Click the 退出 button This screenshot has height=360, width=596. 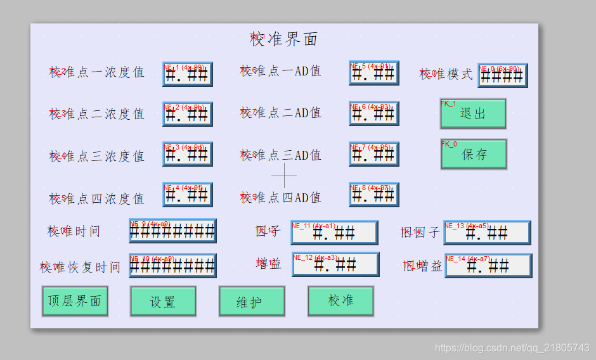(x=473, y=113)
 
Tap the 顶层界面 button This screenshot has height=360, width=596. (x=75, y=301)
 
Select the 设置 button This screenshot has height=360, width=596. (x=163, y=302)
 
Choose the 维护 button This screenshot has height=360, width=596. (x=252, y=302)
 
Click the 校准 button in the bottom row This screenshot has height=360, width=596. (x=340, y=301)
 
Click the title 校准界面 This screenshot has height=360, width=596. (x=284, y=39)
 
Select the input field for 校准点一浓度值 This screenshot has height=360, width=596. (x=187, y=74)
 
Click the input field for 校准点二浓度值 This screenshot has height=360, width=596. (x=187, y=114)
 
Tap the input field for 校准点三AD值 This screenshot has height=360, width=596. (x=373, y=154)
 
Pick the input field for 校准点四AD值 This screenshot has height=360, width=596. (x=373, y=195)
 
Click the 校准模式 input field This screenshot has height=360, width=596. (x=502, y=75)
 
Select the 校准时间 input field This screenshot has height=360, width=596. (x=172, y=231)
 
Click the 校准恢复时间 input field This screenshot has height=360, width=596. (x=172, y=266)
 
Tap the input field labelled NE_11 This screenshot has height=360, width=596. (x=334, y=233)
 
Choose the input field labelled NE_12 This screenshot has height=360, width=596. (x=335, y=264)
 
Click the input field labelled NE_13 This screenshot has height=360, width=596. (x=487, y=233)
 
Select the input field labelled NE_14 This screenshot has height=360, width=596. (x=488, y=266)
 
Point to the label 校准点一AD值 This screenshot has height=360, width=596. (x=281, y=71)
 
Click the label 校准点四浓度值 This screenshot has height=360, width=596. (x=97, y=198)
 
